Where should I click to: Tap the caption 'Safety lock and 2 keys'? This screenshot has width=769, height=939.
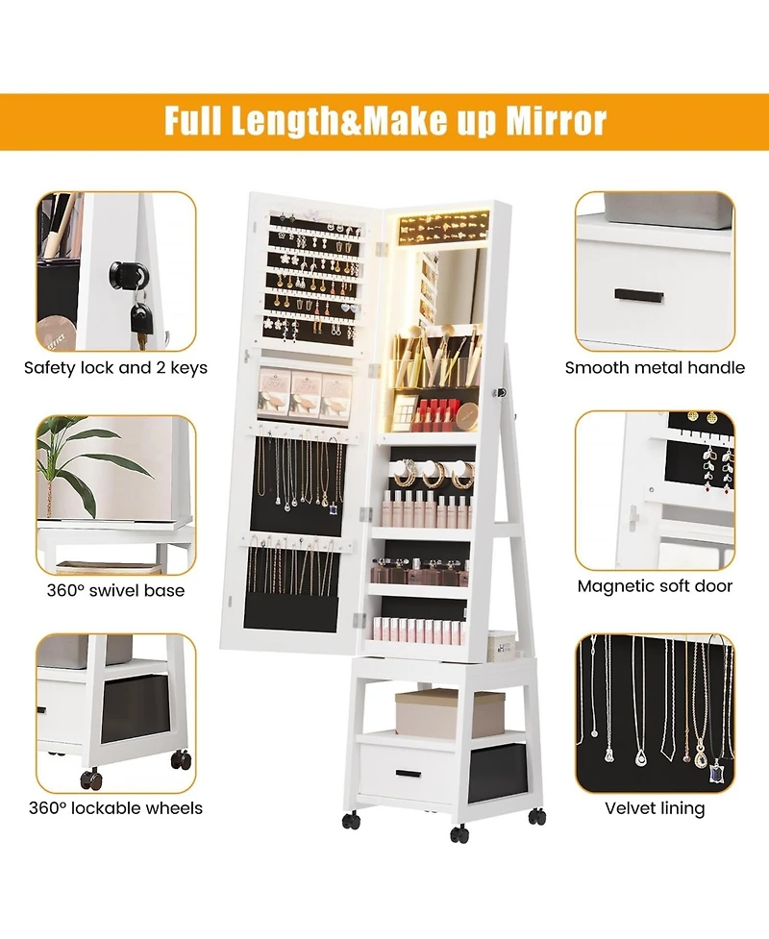(115, 367)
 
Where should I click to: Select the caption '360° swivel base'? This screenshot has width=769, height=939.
(115, 590)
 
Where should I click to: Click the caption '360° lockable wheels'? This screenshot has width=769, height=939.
(115, 808)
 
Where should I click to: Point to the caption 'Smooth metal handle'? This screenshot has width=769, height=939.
(655, 367)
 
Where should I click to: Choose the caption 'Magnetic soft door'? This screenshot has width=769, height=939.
(655, 585)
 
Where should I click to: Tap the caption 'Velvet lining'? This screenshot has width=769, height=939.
(655, 808)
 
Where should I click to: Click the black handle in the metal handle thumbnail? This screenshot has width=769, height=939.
(639, 294)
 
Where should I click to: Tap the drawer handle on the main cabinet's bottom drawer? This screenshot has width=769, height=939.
(408, 773)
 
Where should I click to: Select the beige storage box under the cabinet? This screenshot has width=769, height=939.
(449, 712)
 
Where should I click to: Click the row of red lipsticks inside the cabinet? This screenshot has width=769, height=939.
(434, 415)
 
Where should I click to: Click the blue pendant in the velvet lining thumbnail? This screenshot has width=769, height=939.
(715, 771)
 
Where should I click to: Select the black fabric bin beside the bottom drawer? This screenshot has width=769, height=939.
(496, 772)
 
